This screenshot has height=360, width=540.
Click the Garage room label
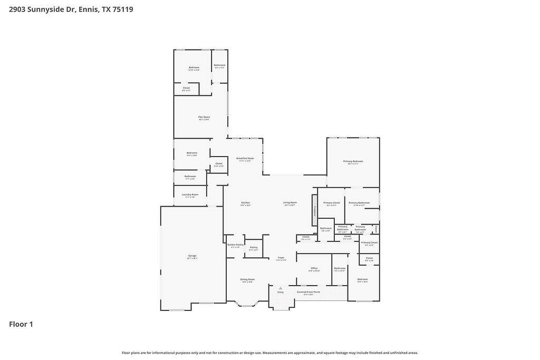pos(192,256)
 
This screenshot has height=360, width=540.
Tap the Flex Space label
pos(204,118)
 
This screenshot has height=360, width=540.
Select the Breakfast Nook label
pos(245,159)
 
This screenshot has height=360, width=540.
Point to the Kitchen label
pos(246,203)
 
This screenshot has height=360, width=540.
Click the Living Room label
pos(290,203)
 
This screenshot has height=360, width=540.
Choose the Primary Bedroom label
pos(353,162)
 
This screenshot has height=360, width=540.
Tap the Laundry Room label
pos(190,195)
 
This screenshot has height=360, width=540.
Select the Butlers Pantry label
pos(235,245)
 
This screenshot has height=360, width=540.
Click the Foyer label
pos(281,258)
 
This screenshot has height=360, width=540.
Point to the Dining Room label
pos(247,280)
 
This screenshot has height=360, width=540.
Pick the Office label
pos(314,269)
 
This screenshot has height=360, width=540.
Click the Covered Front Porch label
pos(308,292)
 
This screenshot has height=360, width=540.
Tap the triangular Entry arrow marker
pos(281,288)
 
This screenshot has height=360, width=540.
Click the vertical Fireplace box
pos(314,210)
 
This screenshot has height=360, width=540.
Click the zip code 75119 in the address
pos(122,9)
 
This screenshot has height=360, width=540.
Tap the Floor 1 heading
pos(21,324)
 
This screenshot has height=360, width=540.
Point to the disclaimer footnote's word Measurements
pos(275,353)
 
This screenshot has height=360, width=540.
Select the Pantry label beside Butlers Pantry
pos(254,248)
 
